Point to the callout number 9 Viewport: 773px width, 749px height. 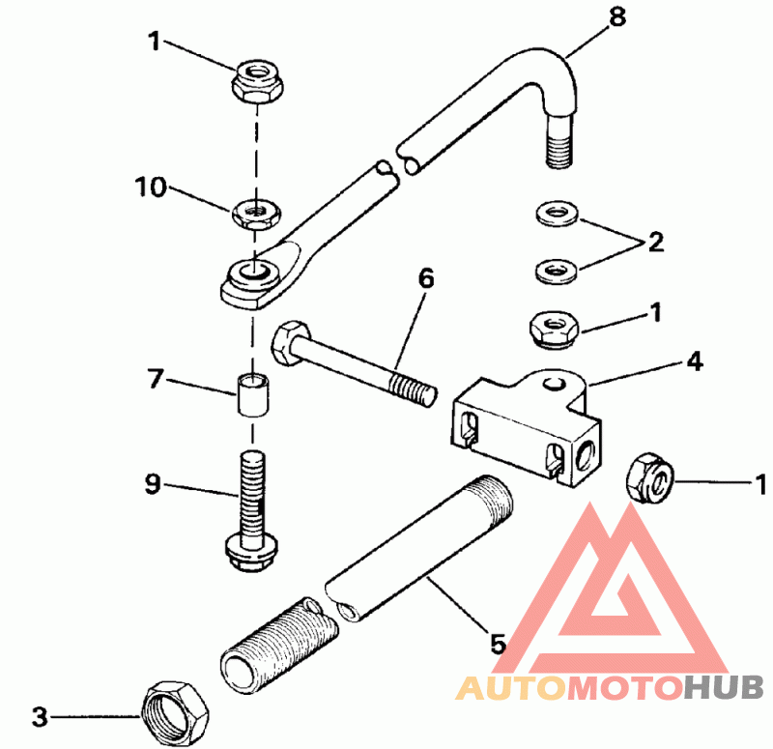click(x=152, y=484)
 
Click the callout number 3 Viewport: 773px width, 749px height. click(x=39, y=717)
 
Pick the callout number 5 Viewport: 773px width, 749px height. click(x=498, y=643)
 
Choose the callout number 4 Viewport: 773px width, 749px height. click(x=695, y=363)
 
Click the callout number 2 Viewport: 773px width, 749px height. click(x=656, y=242)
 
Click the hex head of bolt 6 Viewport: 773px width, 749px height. click(x=286, y=343)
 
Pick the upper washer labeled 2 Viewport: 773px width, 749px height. click(x=556, y=212)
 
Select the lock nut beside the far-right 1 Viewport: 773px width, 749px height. click(x=645, y=477)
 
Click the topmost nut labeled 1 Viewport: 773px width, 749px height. click(x=256, y=79)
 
